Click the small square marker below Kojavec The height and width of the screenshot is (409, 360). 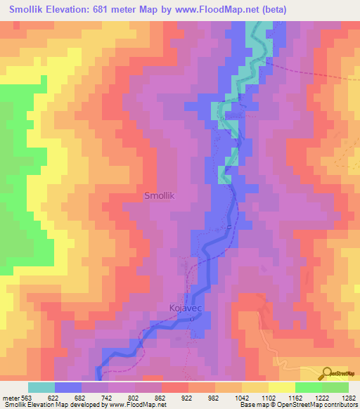[x=193, y=320]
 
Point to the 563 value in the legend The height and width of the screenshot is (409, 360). [x=27, y=397]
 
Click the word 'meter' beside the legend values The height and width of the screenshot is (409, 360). [x=9, y=397]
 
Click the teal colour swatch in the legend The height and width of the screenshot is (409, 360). [x=41, y=387]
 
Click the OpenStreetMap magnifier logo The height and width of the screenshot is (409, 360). [x=326, y=373]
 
